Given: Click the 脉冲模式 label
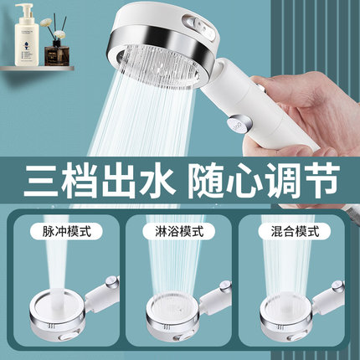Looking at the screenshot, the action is pyautogui.click(x=67, y=231).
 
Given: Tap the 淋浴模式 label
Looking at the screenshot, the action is pyautogui.click(x=179, y=231).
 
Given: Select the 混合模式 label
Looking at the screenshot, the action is pyautogui.click(x=295, y=231).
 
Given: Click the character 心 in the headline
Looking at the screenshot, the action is pyautogui.click(x=242, y=181).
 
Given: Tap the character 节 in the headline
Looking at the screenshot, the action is pyautogui.click(x=321, y=181).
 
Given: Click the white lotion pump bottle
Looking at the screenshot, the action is pyautogui.click(x=27, y=36).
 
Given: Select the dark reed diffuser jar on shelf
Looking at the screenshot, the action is pyautogui.click(x=57, y=56).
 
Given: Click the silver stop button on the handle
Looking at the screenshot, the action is pyautogui.click(x=239, y=123).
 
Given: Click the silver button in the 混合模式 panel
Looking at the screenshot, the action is pyautogui.click(x=338, y=286).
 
